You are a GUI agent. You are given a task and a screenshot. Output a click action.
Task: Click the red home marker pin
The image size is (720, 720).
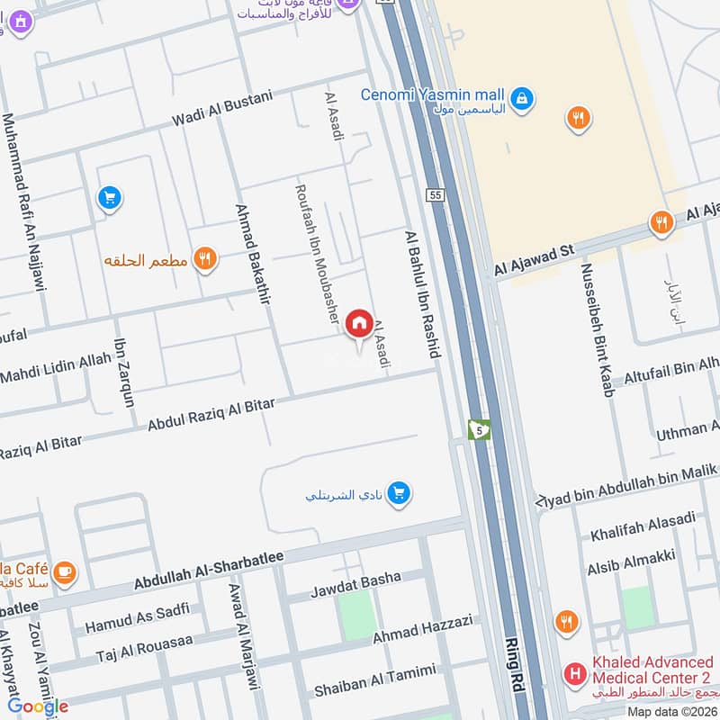click(x=359, y=323)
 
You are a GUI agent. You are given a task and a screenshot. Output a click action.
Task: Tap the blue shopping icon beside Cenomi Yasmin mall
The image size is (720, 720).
click(x=521, y=96)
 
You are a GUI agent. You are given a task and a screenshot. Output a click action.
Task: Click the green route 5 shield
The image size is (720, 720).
click(x=479, y=430)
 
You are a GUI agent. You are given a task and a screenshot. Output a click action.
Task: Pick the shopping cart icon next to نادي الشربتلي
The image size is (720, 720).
click(x=400, y=492)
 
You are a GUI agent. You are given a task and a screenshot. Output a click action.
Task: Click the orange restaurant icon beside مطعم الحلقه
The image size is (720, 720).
click(x=206, y=259)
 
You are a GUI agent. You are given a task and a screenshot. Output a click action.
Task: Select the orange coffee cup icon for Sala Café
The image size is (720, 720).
click(x=64, y=571)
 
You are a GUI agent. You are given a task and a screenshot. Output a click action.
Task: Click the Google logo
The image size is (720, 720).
click(x=38, y=706)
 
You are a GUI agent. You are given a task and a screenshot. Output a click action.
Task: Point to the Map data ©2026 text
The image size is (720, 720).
click(x=670, y=711)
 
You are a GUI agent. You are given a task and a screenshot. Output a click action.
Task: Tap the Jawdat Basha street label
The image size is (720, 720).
click(x=355, y=585)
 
